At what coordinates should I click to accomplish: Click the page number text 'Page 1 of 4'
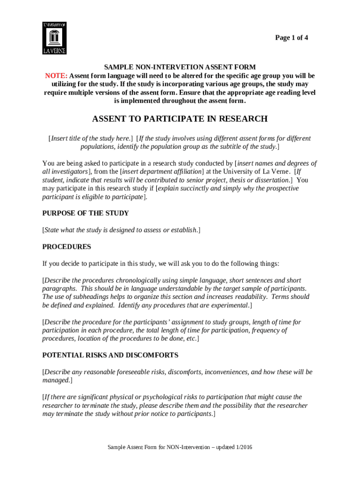click(x=291, y=38)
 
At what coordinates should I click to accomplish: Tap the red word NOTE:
click(x=56, y=76)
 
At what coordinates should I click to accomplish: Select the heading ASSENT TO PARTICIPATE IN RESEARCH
click(x=180, y=119)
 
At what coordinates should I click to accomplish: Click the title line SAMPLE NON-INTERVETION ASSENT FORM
click(x=180, y=67)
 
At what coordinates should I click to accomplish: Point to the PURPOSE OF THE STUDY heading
click(x=86, y=213)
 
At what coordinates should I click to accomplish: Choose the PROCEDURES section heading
click(x=66, y=247)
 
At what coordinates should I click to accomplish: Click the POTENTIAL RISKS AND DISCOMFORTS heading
click(x=110, y=356)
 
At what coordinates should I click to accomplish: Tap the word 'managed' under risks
click(x=56, y=381)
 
